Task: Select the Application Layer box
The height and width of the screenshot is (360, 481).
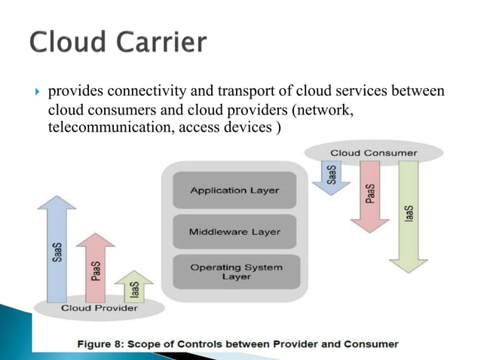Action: [x=234, y=191]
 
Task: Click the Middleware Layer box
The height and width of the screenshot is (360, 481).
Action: [x=234, y=231]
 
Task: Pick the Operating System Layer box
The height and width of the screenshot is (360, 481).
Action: [x=234, y=272]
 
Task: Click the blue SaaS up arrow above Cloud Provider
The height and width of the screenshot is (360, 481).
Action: [x=57, y=249]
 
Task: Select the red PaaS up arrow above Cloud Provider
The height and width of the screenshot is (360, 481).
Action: [x=96, y=267]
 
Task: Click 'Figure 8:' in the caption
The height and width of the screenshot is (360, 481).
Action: [x=104, y=344]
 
